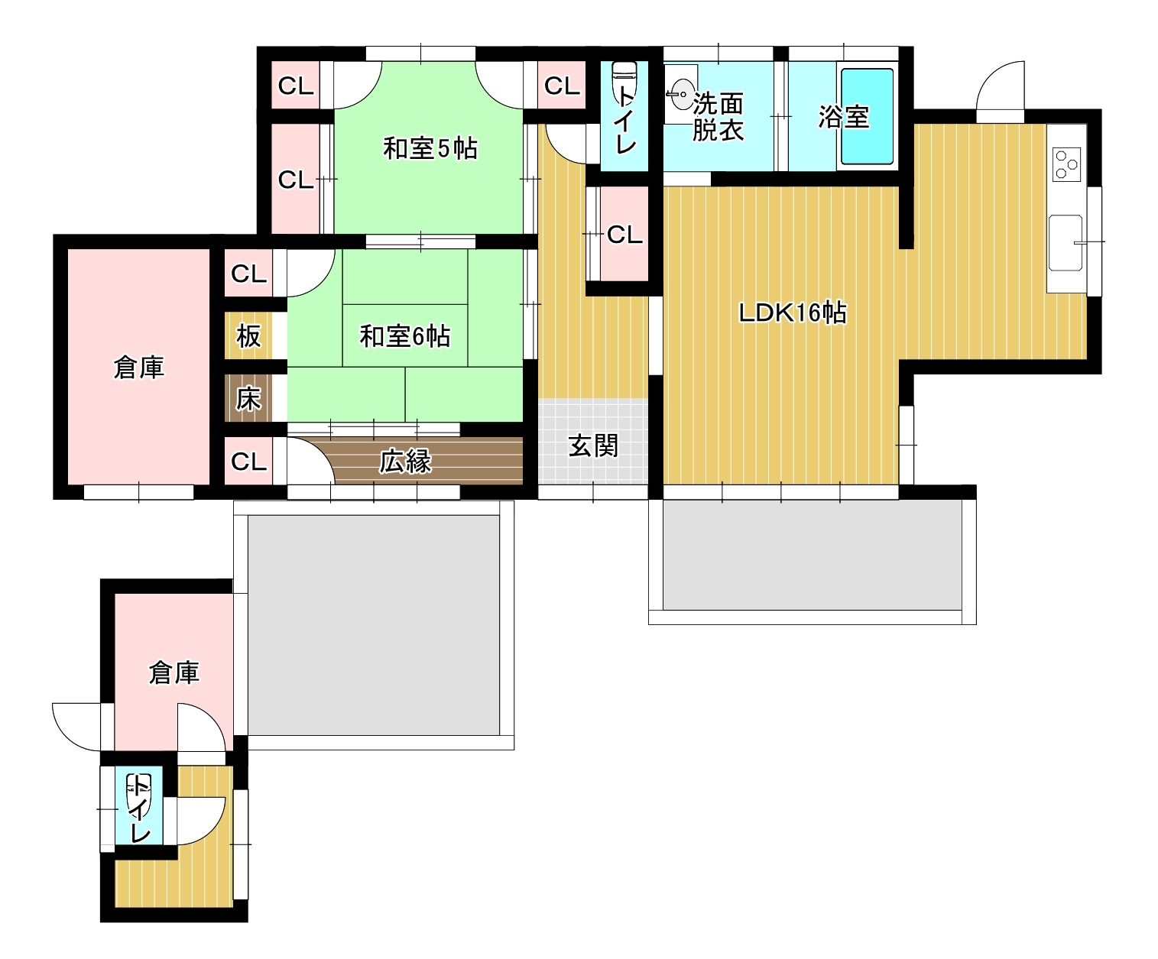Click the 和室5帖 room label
[x=430, y=147]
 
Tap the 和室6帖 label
[x=404, y=335]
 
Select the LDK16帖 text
[x=792, y=313]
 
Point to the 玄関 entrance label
[x=592, y=445]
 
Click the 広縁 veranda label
[x=405, y=462]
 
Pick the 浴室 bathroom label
[x=843, y=117]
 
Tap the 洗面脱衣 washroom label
[x=718, y=117]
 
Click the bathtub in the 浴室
[x=868, y=116]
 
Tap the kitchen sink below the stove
[x=1065, y=243]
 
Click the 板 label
[x=248, y=335]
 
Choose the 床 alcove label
[x=248, y=398]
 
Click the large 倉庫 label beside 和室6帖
[x=138, y=368]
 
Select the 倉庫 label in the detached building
[x=174, y=672]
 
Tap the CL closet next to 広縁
[x=248, y=462]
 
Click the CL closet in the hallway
[x=624, y=235]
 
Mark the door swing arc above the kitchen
[x=998, y=86]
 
